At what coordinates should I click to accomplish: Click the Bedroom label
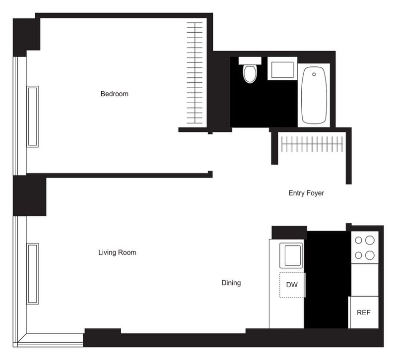(114, 94)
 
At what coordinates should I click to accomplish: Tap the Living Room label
(117, 252)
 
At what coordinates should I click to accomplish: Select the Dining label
(231, 283)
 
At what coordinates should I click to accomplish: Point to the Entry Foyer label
(306, 193)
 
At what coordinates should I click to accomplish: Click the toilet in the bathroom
(250, 73)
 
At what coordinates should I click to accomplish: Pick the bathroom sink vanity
(282, 68)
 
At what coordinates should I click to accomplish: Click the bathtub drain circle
(314, 75)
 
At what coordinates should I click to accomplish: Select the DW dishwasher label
(292, 285)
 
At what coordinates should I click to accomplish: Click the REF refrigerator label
(364, 313)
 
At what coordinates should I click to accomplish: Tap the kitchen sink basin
(291, 255)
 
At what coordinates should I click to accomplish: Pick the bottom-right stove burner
(369, 255)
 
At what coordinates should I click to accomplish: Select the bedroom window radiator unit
(33, 117)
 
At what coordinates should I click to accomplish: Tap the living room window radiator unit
(33, 273)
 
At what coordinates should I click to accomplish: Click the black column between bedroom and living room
(29, 195)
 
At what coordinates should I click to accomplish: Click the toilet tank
(250, 60)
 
